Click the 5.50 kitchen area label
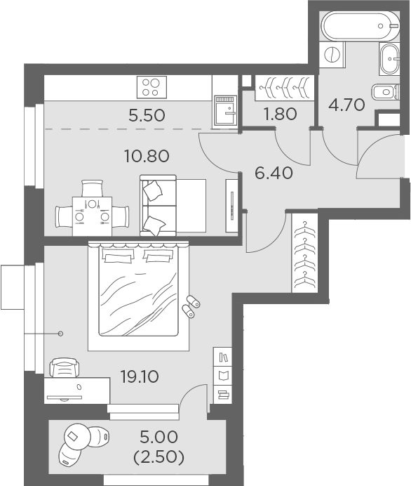[x=147, y=115]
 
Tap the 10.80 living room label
[x=148, y=156]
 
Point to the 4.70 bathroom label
[x=347, y=106]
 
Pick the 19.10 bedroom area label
[x=140, y=376]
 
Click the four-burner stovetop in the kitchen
[x=150, y=86]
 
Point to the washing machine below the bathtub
[x=332, y=54]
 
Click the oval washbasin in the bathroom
[x=389, y=59]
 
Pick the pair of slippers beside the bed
[x=190, y=307]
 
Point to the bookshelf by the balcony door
[x=222, y=376]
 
